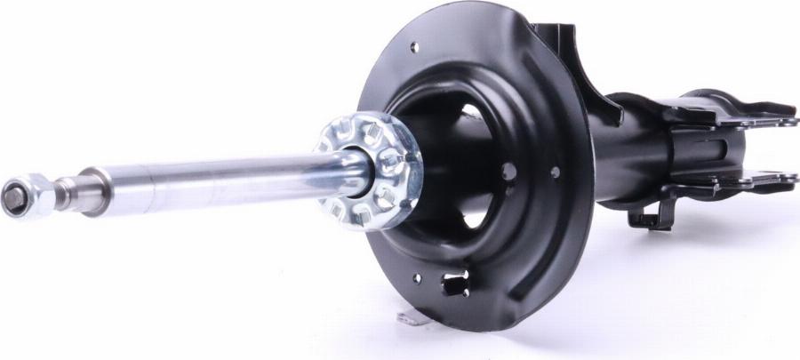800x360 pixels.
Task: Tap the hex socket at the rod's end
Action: (13, 197)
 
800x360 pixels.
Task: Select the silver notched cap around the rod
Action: (367, 170)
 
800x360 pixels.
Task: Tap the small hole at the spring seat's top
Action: (414, 45)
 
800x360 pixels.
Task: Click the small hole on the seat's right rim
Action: (556, 172)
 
